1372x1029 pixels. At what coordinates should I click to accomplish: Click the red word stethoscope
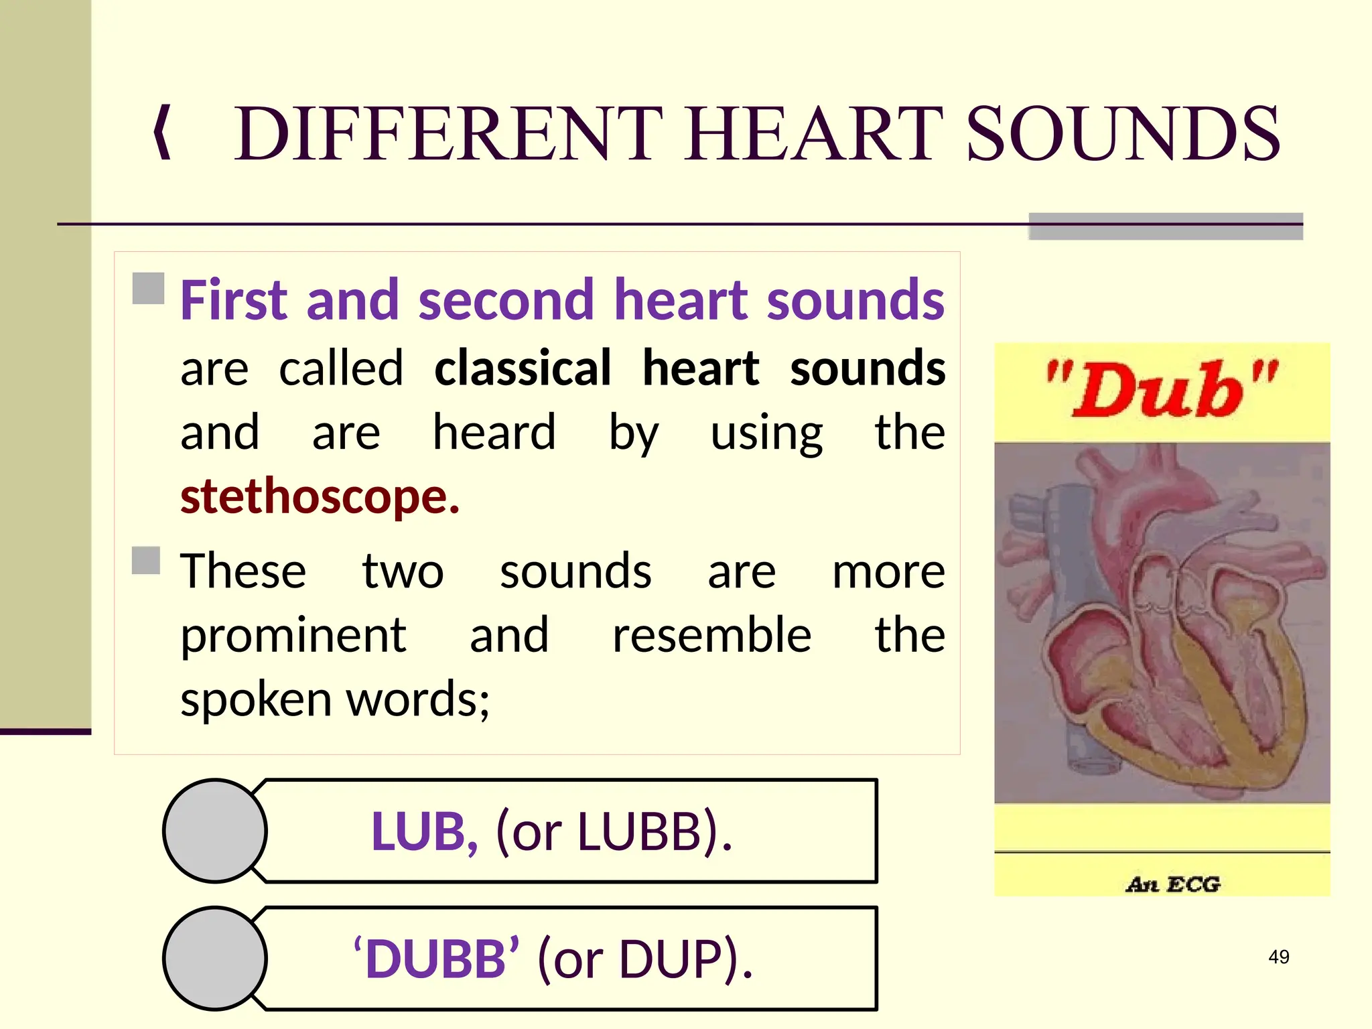click(x=320, y=496)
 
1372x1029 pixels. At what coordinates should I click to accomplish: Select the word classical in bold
click(x=523, y=368)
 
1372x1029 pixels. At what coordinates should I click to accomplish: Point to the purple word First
click(x=232, y=299)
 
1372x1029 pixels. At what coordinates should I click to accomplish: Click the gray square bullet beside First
click(x=148, y=289)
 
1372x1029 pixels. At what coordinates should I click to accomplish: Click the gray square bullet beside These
click(x=146, y=561)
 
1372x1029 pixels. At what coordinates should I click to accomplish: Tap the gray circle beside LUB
click(x=215, y=831)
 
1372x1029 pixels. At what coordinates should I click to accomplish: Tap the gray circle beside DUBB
click(x=215, y=958)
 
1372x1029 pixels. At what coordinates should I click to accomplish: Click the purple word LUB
click(x=423, y=831)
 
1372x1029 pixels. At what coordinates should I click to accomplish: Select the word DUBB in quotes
click(x=436, y=959)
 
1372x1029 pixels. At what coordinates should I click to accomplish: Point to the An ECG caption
click(x=1172, y=884)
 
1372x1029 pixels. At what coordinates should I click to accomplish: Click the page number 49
click(x=1278, y=957)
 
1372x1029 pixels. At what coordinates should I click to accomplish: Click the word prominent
click(x=293, y=634)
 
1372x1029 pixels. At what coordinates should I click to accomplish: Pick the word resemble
click(x=711, y=634)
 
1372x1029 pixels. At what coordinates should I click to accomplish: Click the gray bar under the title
click(x=1165, y=227)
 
